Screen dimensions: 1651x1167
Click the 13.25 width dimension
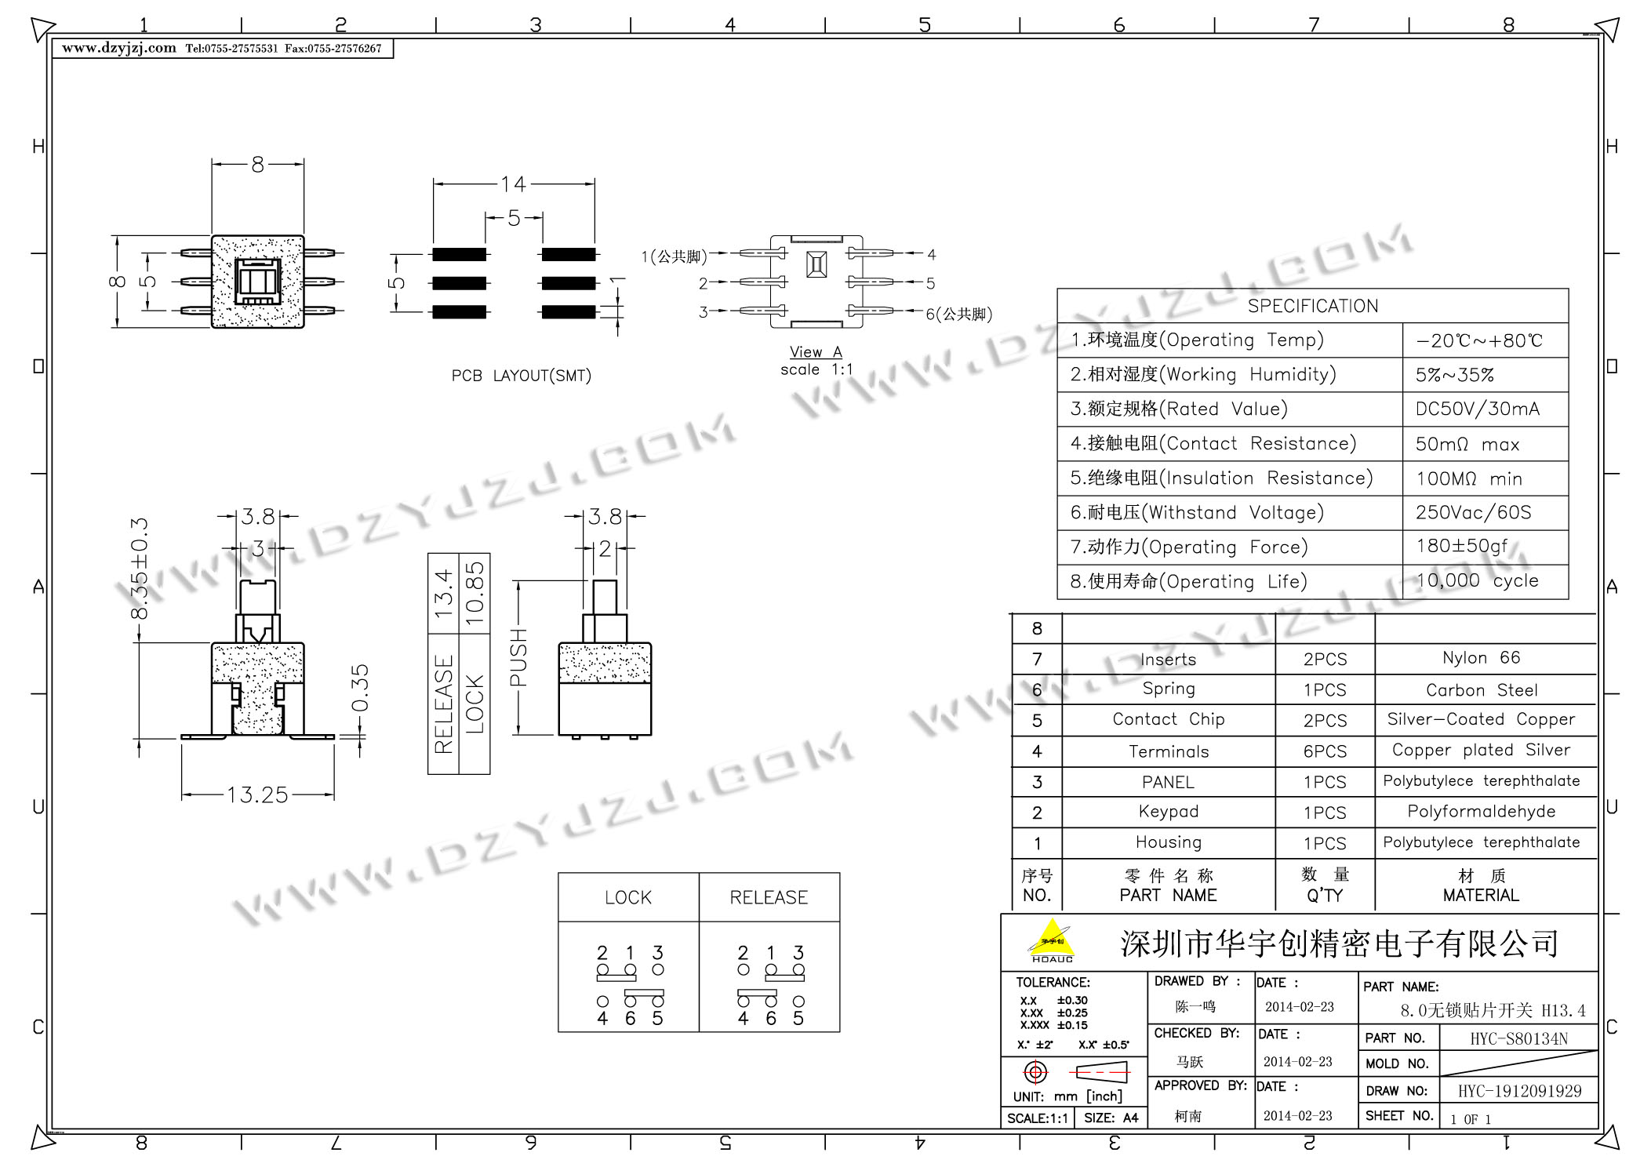[x=257, y=795]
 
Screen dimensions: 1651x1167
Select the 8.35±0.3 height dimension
[x=140, y=569]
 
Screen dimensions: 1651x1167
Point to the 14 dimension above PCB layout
[x=513, y=184]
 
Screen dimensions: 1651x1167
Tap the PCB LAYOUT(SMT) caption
[x=521, y=376]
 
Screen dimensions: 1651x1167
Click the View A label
[x=816, y=352]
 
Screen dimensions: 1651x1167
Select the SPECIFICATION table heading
[x=1312, y=306]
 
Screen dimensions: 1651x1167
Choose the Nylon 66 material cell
[x=1481, y=658]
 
